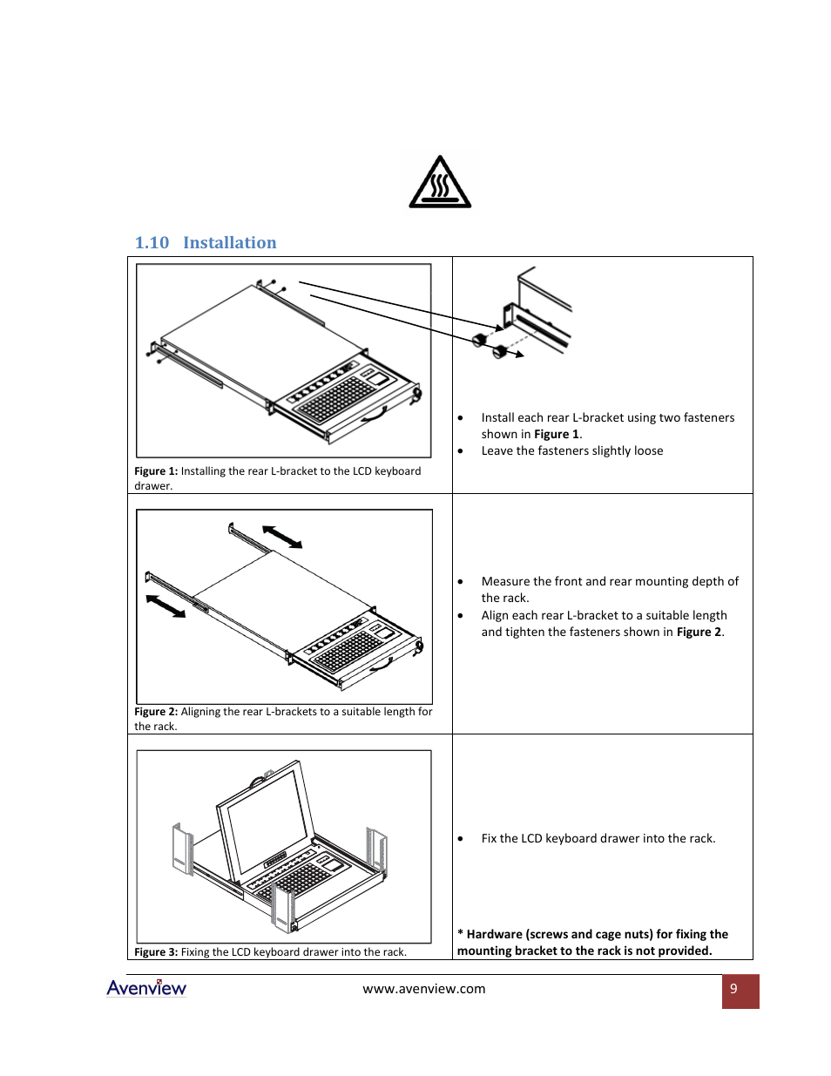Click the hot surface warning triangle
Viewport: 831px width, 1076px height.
(440, 183)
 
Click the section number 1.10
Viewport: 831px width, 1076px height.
(152, 243)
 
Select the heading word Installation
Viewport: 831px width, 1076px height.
(229, 243)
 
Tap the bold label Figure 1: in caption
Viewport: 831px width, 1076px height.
(156, 471)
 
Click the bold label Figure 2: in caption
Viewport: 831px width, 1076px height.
(156, 712)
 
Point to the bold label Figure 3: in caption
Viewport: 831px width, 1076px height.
(156, 952)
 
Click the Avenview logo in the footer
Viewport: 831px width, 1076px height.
(146, 988)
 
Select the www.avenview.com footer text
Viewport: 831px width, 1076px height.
(424, 989)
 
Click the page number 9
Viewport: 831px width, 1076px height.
(733, 989)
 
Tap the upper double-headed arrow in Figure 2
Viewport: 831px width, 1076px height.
(282, 537)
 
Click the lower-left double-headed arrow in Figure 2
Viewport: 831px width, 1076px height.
(166, 606)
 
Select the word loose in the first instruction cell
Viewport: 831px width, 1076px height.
(646, 451)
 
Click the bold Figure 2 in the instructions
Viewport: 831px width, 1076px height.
(699, 633)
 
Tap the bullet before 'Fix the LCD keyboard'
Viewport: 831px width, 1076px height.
(461, 839)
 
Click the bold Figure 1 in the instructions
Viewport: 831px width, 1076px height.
(556, 435)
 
